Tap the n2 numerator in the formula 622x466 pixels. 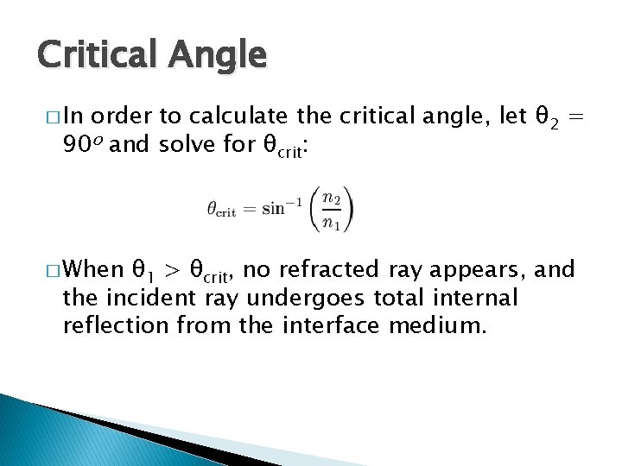(x=331, y=197)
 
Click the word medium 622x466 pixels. (x=440, y=327)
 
